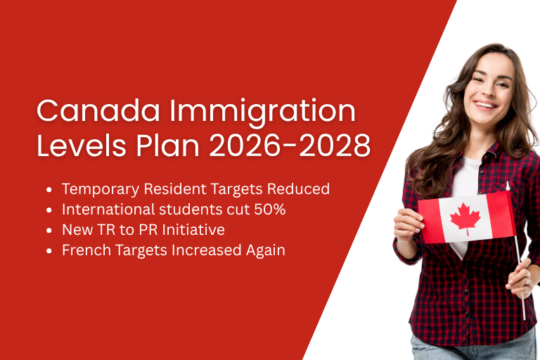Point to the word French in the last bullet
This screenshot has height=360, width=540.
84,250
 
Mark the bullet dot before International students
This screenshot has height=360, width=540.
49,210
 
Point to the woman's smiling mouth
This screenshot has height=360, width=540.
484,105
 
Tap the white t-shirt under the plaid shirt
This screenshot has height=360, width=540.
465,176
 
